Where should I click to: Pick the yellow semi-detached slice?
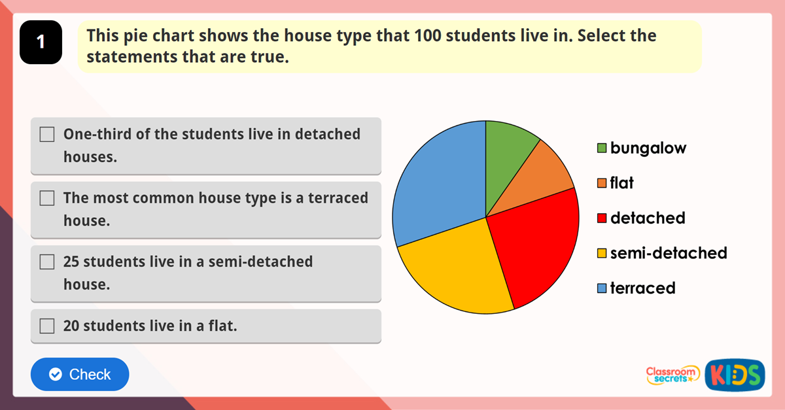coord(458,268)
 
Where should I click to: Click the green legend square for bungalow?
coord(602,148)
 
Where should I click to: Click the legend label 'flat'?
coord(621,183)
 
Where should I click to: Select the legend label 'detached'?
coord(648,218)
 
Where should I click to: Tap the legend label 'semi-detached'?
coord(669,253)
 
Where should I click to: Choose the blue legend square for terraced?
coord(602,288)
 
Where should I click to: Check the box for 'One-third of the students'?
coord(47,135)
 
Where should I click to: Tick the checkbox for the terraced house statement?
coord(47,198)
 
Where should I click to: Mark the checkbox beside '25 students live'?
coord(47,262)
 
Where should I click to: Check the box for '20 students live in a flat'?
coord(47,326)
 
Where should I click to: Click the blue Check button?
coord(80,374)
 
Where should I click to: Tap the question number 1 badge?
coord(41,43)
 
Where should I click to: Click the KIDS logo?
coord(735,375)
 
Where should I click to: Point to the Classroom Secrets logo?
coord(672,375)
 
